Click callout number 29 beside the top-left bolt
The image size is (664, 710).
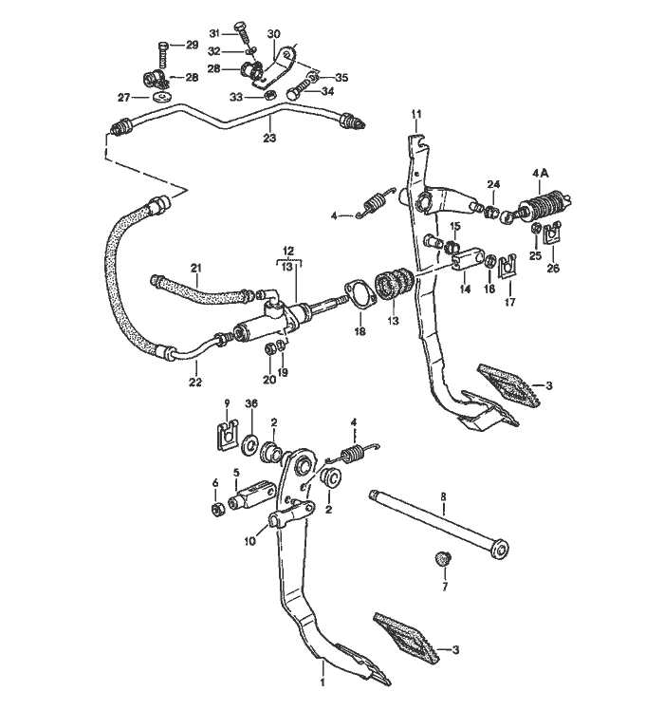[x=191, y=45]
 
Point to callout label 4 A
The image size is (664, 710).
[x=542, y=173]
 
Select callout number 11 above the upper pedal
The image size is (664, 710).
[x=415, y=115]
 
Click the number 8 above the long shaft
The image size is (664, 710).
[x=442, y=496]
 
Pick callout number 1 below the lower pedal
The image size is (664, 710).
[x=323, y=682]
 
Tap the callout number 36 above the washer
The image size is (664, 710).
[x=251, y=403]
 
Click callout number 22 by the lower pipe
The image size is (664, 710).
[x=194, y=382]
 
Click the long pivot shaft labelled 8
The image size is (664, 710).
[x=441, y=527]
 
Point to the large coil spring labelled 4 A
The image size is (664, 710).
[x=544, y=204]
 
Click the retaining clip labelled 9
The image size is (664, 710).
[x=225, y=436]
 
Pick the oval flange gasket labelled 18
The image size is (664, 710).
[x=357, y=293]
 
